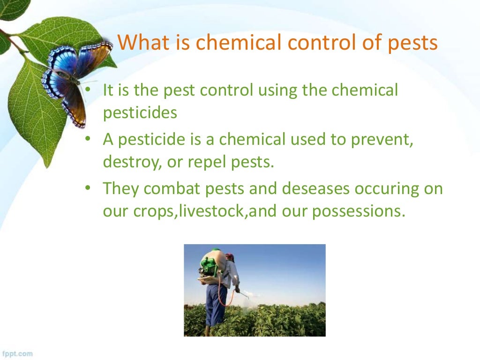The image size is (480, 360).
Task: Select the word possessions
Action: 357,211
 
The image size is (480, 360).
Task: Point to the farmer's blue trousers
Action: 216,305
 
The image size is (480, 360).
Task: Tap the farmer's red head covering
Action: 229,257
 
